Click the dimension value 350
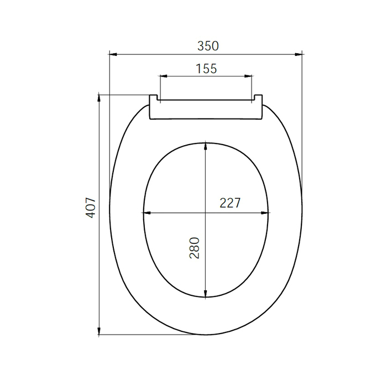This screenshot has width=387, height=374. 208,46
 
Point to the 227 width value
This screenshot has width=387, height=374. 230,203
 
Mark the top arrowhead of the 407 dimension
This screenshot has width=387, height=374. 99,99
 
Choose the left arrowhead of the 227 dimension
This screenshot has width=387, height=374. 147,213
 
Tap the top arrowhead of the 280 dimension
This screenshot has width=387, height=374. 206,146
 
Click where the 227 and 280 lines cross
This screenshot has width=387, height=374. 206,213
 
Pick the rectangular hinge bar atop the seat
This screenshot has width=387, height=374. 206,110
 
